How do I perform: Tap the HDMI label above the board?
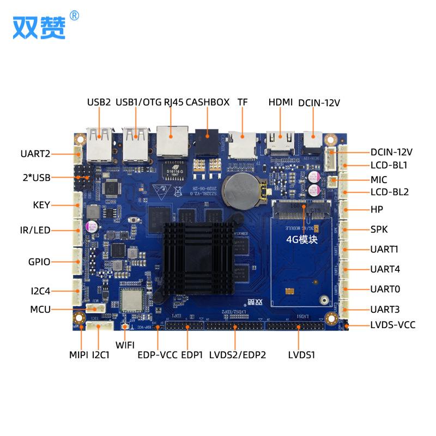[281, 102]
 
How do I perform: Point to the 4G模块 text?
[301, 239]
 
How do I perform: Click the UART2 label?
[35, 154]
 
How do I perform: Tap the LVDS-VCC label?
[392, 325]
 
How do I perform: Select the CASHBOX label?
[208, 102]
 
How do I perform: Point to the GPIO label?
[39, 262]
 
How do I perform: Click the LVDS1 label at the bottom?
[302, 355]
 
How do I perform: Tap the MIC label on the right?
[379, 179]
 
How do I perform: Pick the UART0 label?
[385, 289]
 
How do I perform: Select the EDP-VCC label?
[157, 355]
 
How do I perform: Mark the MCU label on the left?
[40, 310]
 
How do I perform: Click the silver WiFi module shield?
[131, 300]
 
